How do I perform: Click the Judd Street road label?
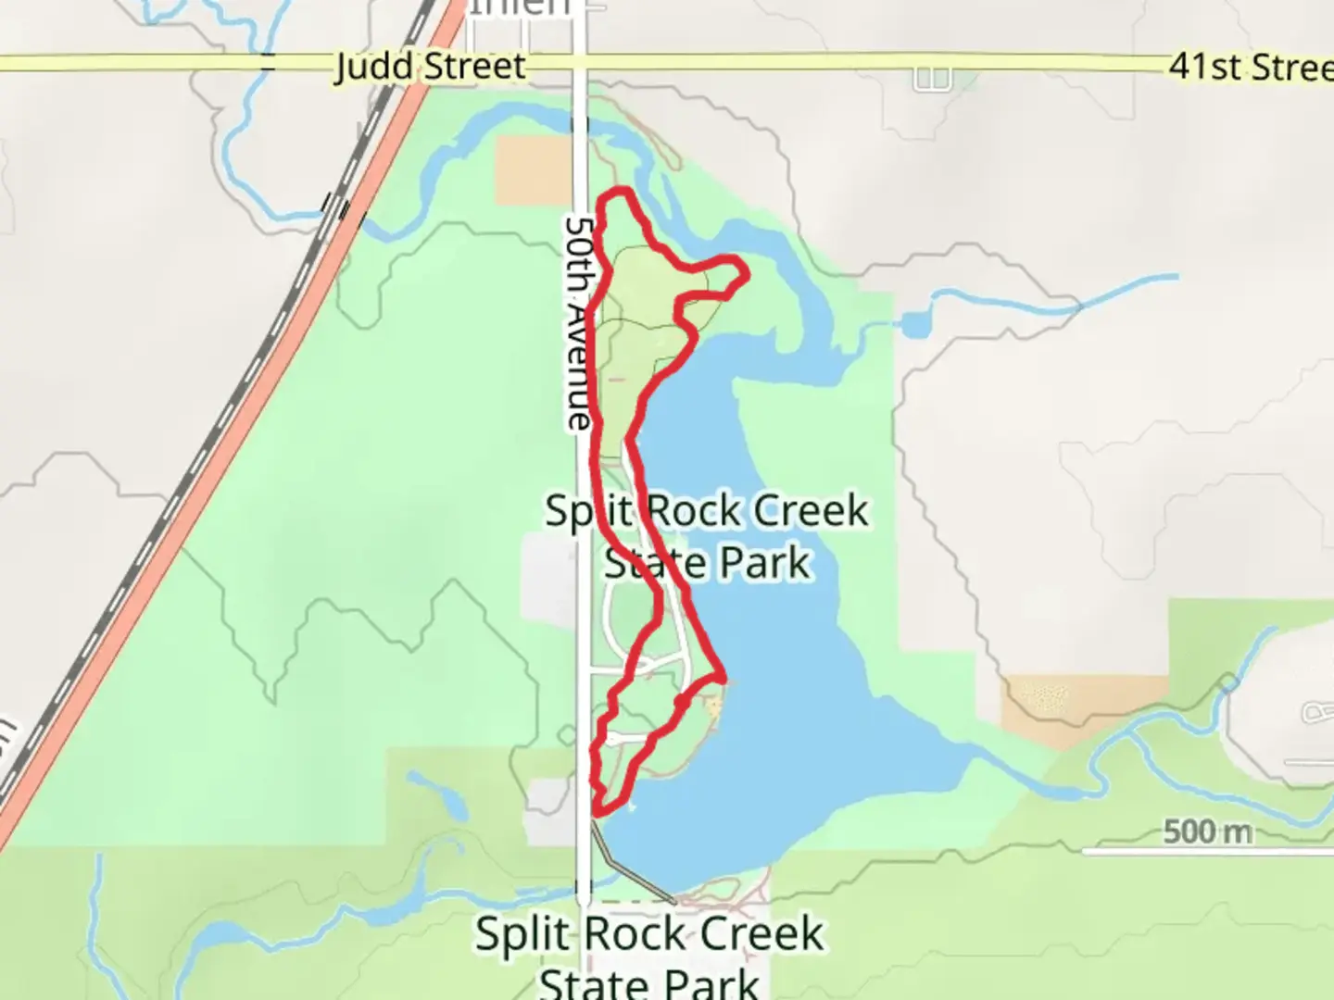tap(430, 66)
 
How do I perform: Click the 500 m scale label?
tap(1207, 831)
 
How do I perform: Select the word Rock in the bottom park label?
tap(648, 933)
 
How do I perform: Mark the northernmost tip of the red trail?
tap(618, 192)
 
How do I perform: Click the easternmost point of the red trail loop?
tap(746, 269)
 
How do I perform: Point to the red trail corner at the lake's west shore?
tap(721, 678)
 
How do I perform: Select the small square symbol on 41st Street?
tap(932, 79)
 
